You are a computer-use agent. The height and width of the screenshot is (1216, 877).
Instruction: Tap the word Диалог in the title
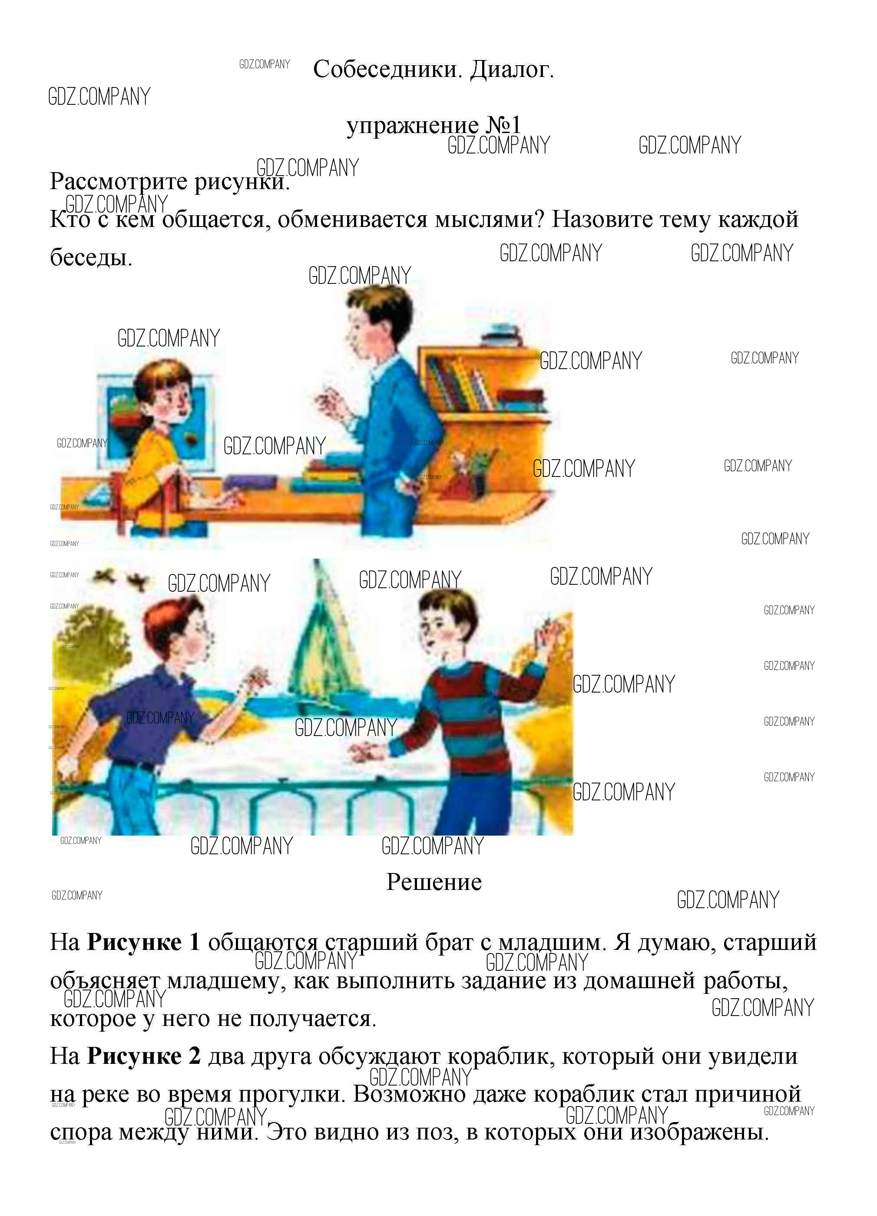[511, 70]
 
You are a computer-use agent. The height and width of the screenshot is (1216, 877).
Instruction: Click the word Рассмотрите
[119, 182]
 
